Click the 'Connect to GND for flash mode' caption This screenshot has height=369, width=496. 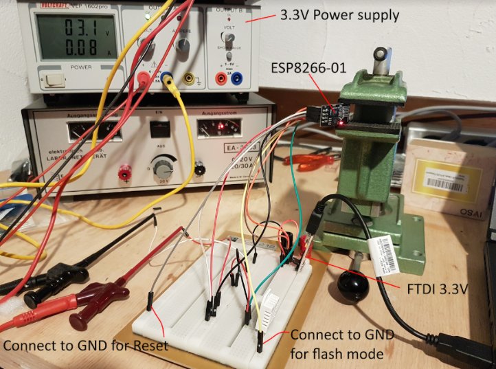(342, 344)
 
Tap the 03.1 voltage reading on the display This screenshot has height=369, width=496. (76, 30)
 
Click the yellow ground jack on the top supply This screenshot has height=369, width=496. (188, 79)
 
